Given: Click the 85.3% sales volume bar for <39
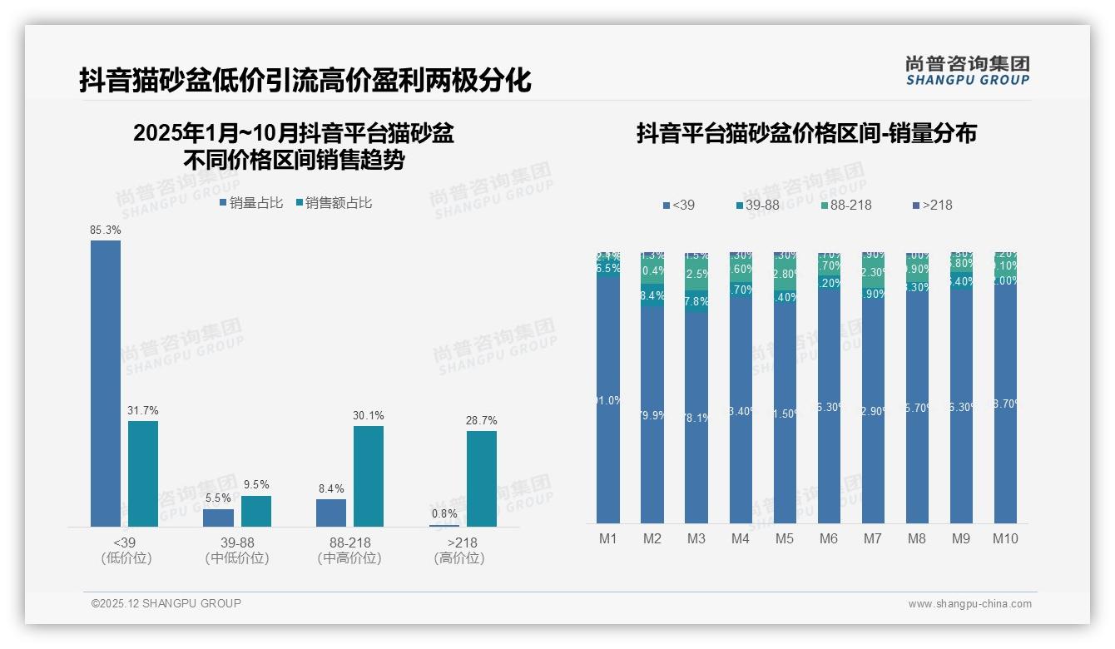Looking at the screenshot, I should point(106,383).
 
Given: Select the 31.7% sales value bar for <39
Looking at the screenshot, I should point(143,473).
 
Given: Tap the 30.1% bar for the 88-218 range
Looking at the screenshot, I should point(369,476).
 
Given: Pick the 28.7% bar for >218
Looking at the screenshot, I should point(482,478).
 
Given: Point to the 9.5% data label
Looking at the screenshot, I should point(256,485).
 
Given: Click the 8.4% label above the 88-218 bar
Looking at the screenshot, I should point(331,488).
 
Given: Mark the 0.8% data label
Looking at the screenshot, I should point(444,514).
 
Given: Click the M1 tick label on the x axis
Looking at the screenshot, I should point(608,538).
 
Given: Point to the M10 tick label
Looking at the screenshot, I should point(1005,538).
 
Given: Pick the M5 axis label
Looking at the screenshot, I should point(785,538).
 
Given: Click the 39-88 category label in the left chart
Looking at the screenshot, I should point(237,542).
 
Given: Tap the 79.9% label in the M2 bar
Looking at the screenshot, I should point(652,415).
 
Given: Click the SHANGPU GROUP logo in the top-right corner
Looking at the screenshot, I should point(967,71).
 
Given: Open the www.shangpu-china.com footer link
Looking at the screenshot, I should point(969,604).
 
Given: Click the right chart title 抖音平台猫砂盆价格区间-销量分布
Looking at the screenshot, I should point(806,133).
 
